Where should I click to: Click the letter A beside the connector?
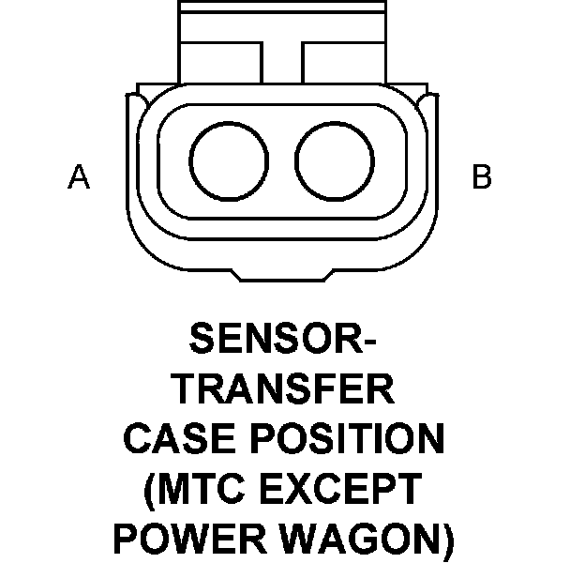[x=79, y=177]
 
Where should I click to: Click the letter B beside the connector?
[x=481, y=177]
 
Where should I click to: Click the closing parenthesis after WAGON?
[x=446, y=540]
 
